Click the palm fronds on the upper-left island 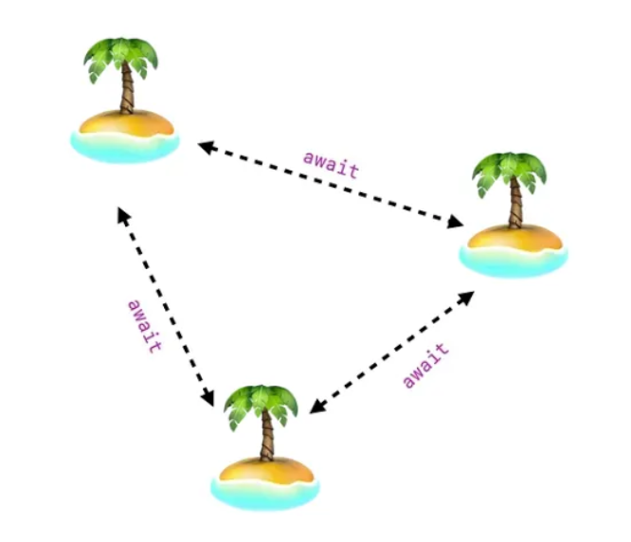[x=121, y=55]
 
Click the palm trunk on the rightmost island [x=516, y=205]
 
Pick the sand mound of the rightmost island [x=514, y=236]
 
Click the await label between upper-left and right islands [x=332, y=163]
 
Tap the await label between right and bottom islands [x=425, y=365]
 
